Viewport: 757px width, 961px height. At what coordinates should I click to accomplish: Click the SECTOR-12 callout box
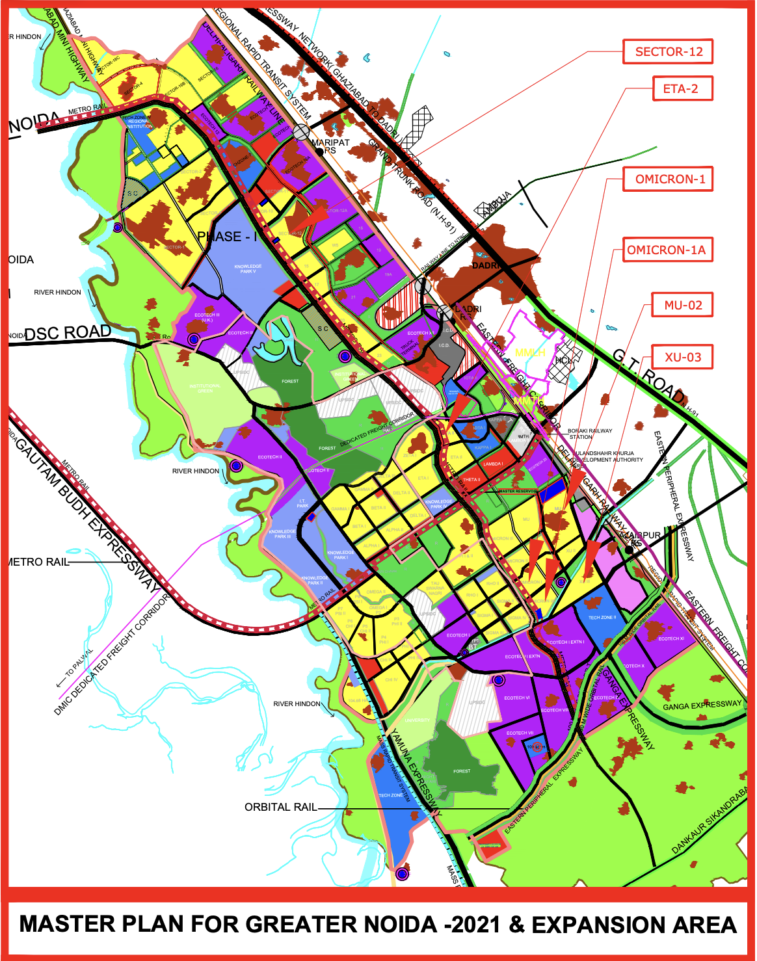point(669,52)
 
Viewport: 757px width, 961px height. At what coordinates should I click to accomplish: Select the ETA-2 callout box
point(682,89)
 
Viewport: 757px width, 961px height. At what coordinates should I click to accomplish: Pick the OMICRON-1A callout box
point(666,250)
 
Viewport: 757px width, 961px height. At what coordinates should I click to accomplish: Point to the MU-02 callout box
point(683,305)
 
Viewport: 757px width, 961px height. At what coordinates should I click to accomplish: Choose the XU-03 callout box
point(682,357)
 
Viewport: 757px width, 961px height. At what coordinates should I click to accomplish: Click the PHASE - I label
point(228,237)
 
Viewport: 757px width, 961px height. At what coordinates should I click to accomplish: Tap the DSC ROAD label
point(68,333)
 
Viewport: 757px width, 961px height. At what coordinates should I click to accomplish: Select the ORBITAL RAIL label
point(280,808)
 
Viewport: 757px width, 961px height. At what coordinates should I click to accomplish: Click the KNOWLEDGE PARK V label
point(248,269)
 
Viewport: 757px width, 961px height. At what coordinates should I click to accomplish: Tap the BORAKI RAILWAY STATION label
point(590,434)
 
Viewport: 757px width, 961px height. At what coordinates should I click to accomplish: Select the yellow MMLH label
point(530,352)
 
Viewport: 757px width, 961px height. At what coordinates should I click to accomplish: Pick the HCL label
point(563,360)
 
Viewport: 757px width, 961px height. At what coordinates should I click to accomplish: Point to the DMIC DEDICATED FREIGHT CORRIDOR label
point(111,656)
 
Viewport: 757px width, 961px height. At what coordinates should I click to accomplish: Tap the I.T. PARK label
point(302,503)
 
